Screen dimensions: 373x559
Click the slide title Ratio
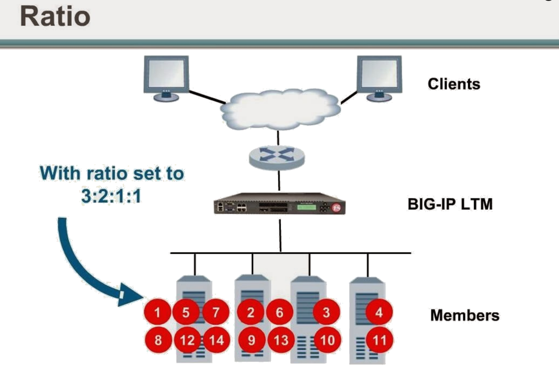55,17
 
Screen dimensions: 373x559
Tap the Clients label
454,84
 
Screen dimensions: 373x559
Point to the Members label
464,315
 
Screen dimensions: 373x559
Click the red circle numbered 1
159,313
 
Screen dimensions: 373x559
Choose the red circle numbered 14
216,340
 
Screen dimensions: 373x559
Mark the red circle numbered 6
279,313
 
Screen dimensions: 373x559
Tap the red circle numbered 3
326,313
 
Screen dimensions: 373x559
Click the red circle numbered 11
379,340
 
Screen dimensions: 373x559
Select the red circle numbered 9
251,340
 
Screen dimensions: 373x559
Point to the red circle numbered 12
186,340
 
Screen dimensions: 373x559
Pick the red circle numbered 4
379,313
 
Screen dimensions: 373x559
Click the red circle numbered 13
279,340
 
